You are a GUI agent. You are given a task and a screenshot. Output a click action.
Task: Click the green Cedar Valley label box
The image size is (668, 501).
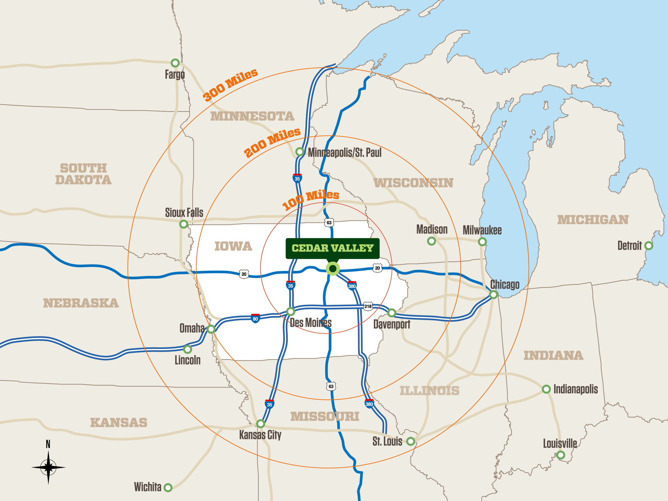coord(332,248)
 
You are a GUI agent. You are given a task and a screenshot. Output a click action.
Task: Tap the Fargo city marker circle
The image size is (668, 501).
coord(175,63)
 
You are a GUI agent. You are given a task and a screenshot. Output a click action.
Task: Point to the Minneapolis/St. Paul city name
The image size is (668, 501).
coord(345,153)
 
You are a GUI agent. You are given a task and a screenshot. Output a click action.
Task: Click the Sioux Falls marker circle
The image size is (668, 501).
coord(184,224)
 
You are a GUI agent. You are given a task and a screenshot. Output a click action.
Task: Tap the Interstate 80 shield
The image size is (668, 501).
coord(255,319)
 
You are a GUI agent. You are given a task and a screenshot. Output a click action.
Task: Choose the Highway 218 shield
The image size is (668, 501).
coord(368,306)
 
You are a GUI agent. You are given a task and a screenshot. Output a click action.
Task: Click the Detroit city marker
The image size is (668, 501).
coord(649,246)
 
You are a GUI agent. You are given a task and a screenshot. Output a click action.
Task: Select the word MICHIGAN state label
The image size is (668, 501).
coord(593,220)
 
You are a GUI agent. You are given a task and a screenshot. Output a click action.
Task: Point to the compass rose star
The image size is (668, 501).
coord(48,467)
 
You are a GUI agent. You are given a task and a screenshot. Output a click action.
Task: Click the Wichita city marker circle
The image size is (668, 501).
coord(168,487)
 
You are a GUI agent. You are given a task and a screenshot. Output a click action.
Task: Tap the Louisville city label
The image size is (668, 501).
coord(560,443)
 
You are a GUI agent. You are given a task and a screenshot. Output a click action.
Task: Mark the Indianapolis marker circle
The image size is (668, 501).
coord(546,389)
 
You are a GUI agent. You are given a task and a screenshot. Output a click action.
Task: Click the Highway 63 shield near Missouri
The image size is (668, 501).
coord(331,386)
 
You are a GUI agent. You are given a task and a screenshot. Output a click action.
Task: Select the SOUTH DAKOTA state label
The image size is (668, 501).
coord(83,174)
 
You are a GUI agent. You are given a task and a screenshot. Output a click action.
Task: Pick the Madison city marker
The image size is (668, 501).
coord(432,241)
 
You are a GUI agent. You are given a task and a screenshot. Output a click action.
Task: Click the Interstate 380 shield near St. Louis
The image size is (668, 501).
coord(369,404)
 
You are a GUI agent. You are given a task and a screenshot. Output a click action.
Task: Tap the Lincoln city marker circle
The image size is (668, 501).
coord(188,349)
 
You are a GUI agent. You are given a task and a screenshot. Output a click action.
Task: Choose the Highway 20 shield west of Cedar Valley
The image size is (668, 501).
coord(244,274)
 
